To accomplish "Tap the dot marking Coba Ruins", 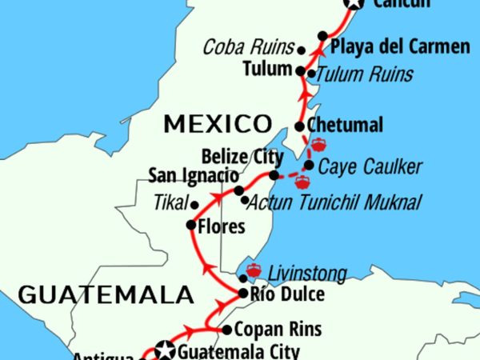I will tap(302, 50).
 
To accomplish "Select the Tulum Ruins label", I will tap(365, 74).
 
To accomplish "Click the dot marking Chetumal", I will tap(299, 126).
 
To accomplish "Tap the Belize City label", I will tap(233, 154).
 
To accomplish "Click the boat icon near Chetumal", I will tap(318, 145).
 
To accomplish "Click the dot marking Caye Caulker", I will tap(309, 166).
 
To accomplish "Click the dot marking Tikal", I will tap(194, 205).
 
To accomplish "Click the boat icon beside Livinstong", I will tap(255, 270).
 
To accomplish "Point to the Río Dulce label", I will tap(287, 295).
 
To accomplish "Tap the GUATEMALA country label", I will tap(106, 294).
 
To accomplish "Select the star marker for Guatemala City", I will tap(166, 350).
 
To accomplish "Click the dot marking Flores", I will tap(191, 225).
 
